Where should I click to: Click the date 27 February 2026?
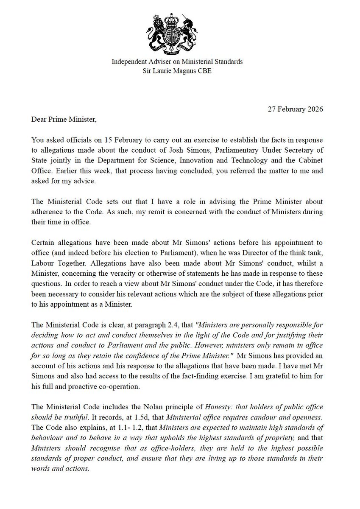(296, 109)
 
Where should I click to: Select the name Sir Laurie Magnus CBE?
(177, 71)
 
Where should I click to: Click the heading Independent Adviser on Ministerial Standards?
(177, 62)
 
